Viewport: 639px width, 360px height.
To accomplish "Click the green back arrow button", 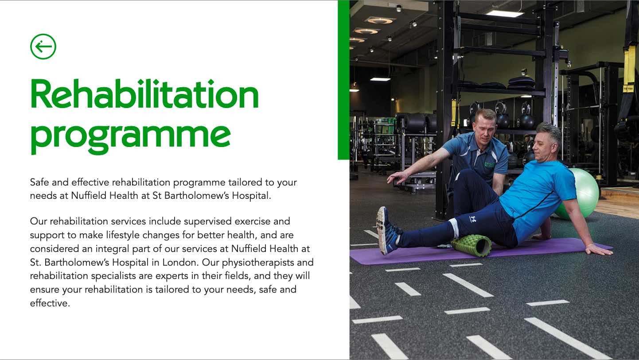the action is pyautogui.click(x=43, y=46).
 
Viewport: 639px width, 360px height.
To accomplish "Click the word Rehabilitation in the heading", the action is pyautogui.click(x=144, y=94).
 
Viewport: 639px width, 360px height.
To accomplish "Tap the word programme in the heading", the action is pyautogui.click(x=130, y=137).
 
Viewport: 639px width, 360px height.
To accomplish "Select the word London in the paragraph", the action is pyautogui.click(x=180, y=262).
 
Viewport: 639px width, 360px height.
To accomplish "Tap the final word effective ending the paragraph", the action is pyautogui.click(x=50, y=303).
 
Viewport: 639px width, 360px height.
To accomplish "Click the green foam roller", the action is pyautogui.click(x=471, y=245).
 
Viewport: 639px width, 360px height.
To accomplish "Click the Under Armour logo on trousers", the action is pyautogui.click(x=473, y=219).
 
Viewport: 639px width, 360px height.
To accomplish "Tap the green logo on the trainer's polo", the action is pyautogui.click(x=488, y=164).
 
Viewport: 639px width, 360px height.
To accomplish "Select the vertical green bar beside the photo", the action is pyautogui.click(x=343, y=80).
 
